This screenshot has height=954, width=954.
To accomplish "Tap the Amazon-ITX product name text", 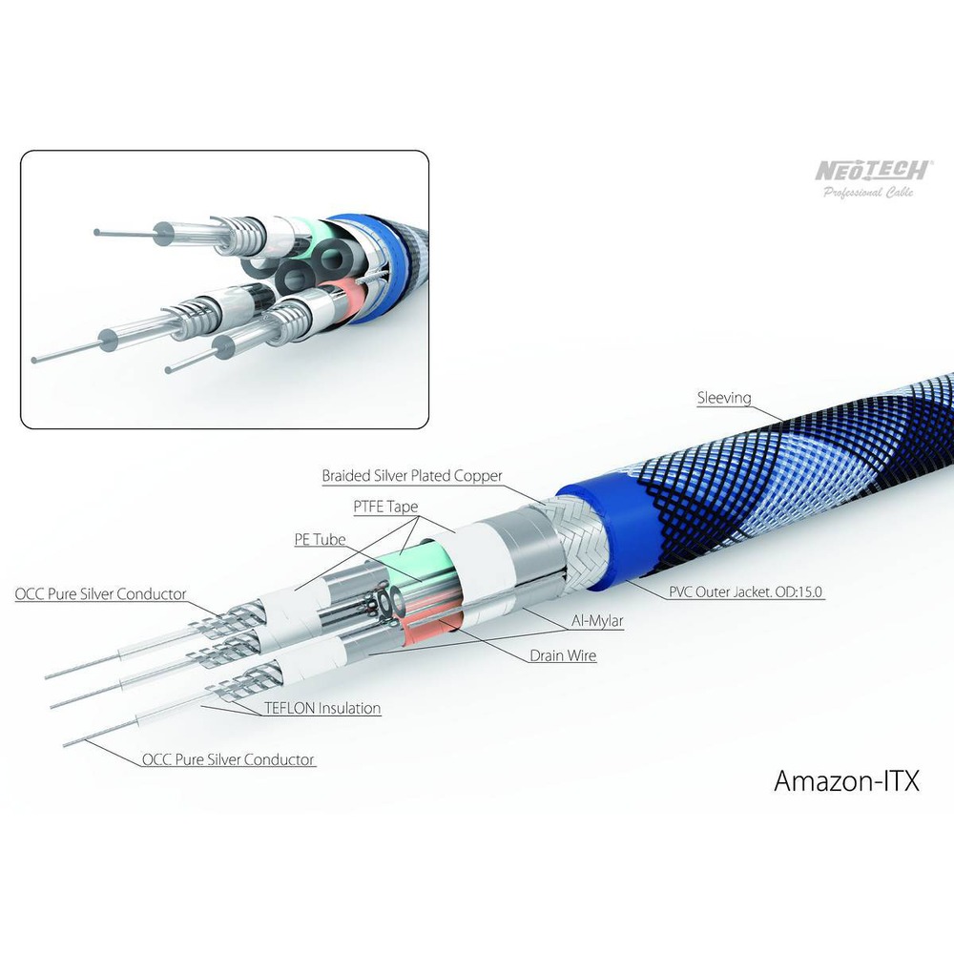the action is (x=846, y=780).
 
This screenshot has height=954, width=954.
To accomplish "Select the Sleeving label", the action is (x=724, y=398).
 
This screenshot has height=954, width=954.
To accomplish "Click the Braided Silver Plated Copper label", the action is (x=412, y=476).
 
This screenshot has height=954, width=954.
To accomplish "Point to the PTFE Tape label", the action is (x=385, y=507).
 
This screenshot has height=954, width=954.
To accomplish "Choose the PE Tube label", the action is (x=320, y=540).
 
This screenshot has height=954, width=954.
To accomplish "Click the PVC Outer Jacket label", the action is (x=745, y=591).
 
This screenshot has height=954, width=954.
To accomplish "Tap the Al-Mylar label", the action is (x=597, y=621).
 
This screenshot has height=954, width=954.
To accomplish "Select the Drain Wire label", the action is (x=563, y=656).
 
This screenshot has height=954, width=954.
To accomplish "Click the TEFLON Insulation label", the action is (x=322, y=708).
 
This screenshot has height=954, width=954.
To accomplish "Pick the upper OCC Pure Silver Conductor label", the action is (x=100, y=593).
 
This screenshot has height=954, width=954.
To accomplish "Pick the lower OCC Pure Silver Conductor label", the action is (x=228, y=759).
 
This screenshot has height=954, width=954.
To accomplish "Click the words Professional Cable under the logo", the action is (x=869, y=193).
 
